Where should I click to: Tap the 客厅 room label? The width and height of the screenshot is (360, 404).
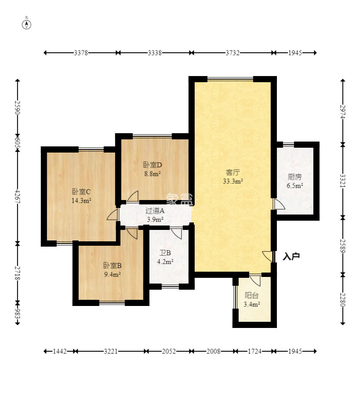pos(233,172)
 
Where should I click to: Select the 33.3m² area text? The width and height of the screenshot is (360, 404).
pos(233,182)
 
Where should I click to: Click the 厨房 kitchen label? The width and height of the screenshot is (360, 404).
pos(295,177)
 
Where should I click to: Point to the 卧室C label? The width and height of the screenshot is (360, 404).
pos(81,192)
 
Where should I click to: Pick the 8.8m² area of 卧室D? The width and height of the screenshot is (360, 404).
pos(153,174)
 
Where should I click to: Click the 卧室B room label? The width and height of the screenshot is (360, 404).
pos(113,266)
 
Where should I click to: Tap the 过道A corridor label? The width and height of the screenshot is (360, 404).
pos(155,211)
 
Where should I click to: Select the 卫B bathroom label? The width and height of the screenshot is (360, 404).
pos(165,253)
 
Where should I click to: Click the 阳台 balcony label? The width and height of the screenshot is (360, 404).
pos(251,295)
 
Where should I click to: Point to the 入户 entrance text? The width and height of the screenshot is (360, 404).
pos(291,257)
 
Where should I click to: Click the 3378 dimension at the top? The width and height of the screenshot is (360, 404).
pos(81,53)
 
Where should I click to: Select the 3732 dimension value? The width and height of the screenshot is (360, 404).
pos(233,53)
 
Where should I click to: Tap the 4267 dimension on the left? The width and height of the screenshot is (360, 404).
pos(18,197)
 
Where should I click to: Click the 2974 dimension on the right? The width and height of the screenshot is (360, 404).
pos(343,112)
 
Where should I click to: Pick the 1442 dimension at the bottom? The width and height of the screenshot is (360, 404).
pos(60,351)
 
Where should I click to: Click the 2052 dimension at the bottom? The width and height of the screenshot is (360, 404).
pos(169,351)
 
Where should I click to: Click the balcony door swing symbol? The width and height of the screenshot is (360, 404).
pos(255,280)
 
